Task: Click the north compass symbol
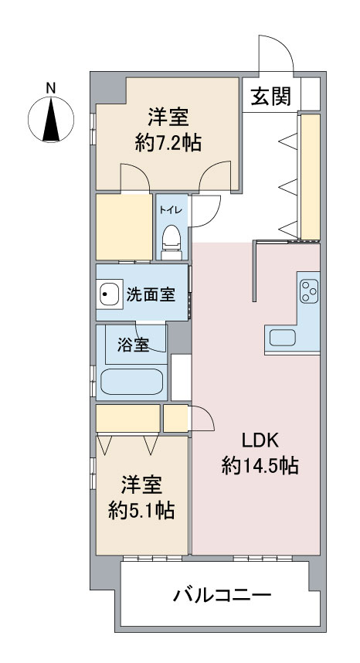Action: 51,119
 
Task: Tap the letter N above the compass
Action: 51,88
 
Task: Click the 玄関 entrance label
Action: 271,97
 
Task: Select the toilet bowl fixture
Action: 172,241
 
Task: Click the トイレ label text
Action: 172,209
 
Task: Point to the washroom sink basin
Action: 110,293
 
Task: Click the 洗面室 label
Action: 151,294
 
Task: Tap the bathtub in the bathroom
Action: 132,382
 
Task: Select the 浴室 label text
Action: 133,346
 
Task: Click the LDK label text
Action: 260,441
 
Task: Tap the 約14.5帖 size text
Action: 260,466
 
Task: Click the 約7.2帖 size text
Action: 168,144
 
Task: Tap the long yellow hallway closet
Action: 310,177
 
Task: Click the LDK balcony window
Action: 263,558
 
